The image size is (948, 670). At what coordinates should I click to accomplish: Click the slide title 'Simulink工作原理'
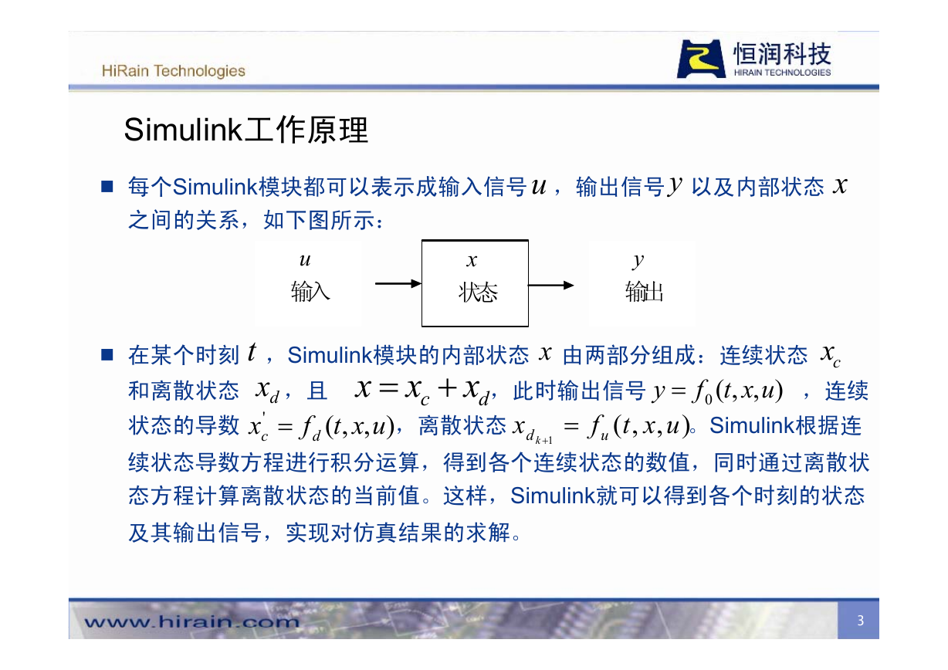tap(246, 130)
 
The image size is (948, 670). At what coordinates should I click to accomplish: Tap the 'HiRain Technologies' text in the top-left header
tap(174, 71)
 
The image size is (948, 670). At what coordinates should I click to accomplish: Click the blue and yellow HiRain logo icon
tap(701, 59)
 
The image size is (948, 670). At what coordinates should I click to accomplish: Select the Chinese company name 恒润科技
tap(782, 54)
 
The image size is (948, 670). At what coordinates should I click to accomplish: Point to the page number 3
tap(861, 621)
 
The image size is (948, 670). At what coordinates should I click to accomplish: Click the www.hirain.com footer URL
tap(191, 621)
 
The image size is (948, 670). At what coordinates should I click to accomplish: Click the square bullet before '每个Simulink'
tap(107, 187)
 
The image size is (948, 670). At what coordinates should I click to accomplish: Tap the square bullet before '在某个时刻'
tap(107, 354)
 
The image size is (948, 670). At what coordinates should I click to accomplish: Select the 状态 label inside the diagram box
tap(478, 293)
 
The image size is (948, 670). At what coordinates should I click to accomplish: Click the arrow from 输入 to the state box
tap(398, 283)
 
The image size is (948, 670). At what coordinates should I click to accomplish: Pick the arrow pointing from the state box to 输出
tap(551, 286)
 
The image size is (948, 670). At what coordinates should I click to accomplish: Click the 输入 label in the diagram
tap(310, 292)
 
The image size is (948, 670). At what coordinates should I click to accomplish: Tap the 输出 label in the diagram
tap(644, 292)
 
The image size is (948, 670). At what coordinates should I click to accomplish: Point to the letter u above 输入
tap(305, 260)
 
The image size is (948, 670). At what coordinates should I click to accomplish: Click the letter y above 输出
tap(638, 261)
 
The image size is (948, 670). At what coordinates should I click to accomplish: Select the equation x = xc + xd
tap(422, 391)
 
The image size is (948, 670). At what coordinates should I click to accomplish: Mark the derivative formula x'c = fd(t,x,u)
tap(321, 427)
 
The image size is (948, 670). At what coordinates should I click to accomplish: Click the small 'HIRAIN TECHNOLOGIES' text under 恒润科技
tap(782, 73)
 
